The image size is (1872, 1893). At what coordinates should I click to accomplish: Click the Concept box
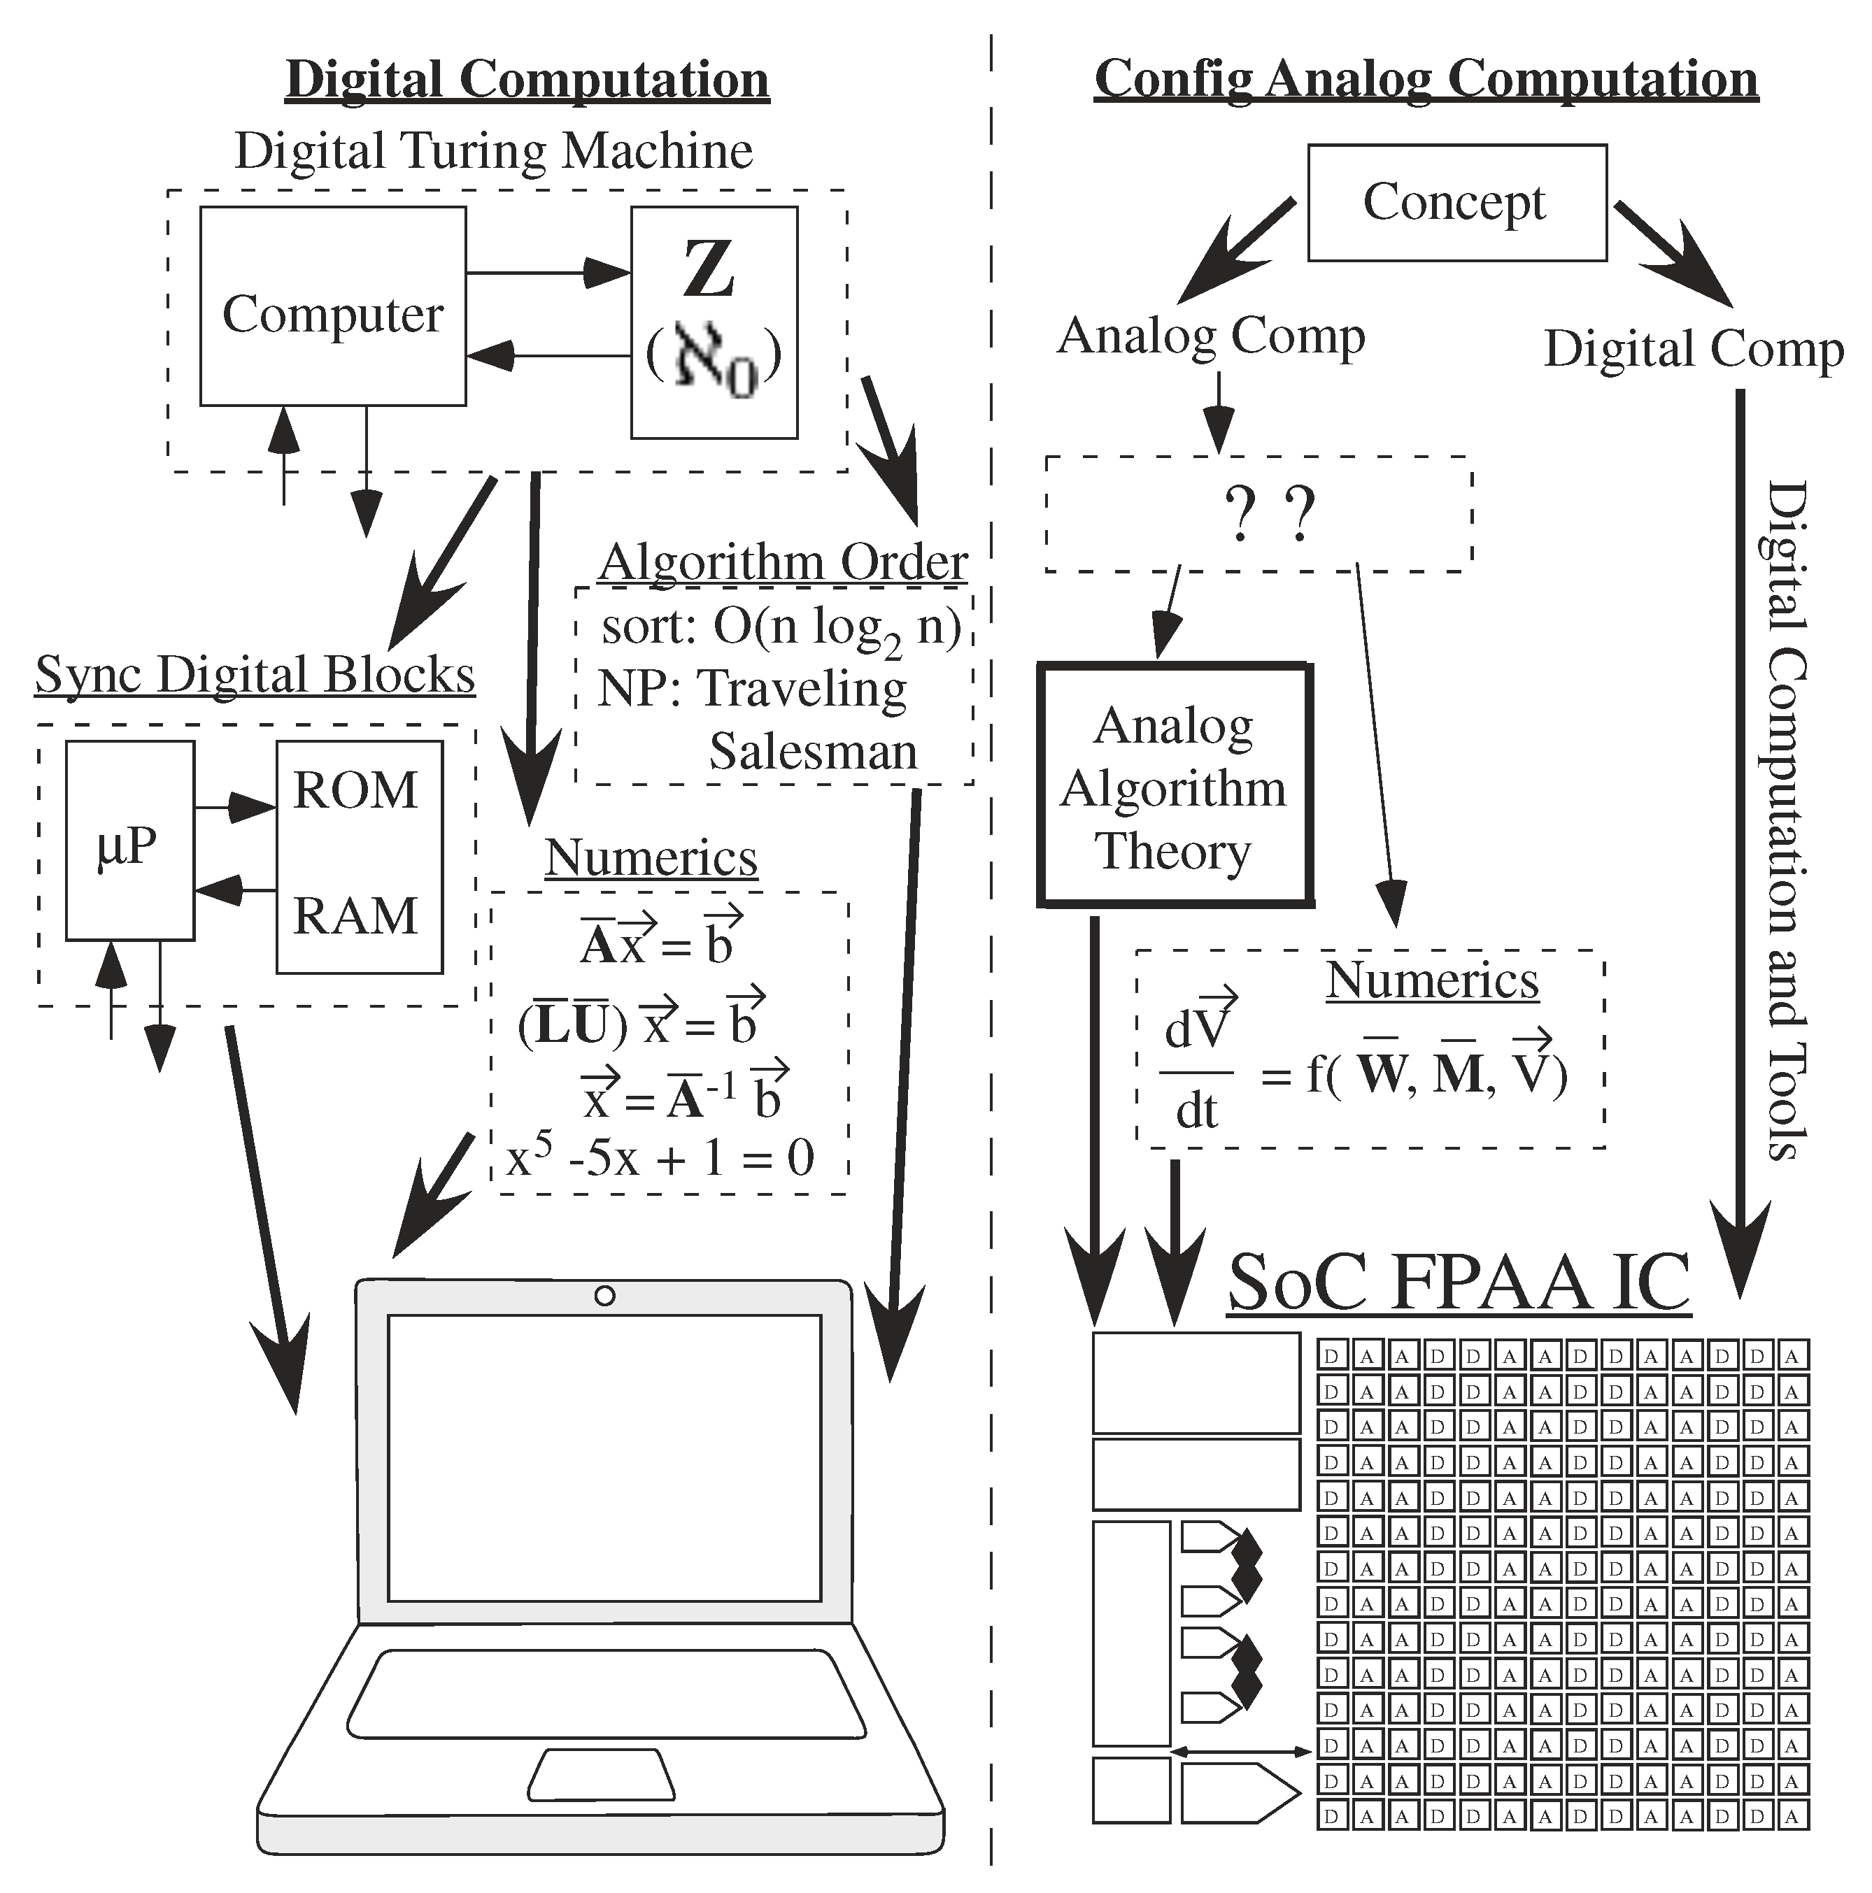click(1456, 203)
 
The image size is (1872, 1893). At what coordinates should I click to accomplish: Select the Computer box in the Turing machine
click(332, 306)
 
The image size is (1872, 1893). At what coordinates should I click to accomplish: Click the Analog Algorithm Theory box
click(1174, 786)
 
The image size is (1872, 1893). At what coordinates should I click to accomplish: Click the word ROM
click(356, 790)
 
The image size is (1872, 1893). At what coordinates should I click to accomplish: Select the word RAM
click(356, 915)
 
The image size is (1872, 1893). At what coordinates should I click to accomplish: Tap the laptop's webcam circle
click(604, 1295)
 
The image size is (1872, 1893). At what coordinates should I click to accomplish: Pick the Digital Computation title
click(527, 78)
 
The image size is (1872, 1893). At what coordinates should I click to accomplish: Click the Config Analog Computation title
click(1426, 78)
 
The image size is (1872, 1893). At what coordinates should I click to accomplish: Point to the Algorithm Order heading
click(782, 562)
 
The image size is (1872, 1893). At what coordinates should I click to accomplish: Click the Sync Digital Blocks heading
click(255, 674)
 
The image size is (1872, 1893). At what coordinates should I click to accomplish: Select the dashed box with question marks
click(1258, 513)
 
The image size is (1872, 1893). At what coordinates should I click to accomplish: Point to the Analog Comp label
click(1212, 336)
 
